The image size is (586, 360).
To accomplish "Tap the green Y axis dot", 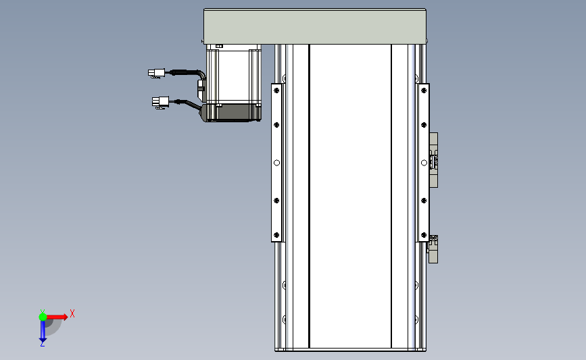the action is [x=43, y=316].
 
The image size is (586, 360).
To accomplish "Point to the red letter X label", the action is [x=72, y=313].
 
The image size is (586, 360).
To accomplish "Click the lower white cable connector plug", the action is [x=160, y=102].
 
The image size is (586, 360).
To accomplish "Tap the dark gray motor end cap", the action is [x=233, y=113].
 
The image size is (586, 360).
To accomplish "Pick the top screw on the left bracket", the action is [x=276, y=88].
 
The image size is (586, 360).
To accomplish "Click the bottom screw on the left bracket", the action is [x=276, y=235].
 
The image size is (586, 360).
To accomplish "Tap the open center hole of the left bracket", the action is [x=276, y=162].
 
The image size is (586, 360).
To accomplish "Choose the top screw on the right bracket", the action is [x=423, y=88].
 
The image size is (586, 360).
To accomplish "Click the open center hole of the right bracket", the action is [x=423, y=162].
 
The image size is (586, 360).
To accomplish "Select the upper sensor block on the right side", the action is [x=434, y=161].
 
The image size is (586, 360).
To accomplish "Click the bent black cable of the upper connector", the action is [x=196, y=74].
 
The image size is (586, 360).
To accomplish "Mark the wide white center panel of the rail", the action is [x=349, y=196].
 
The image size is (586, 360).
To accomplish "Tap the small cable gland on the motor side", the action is [x=201, y=86].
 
